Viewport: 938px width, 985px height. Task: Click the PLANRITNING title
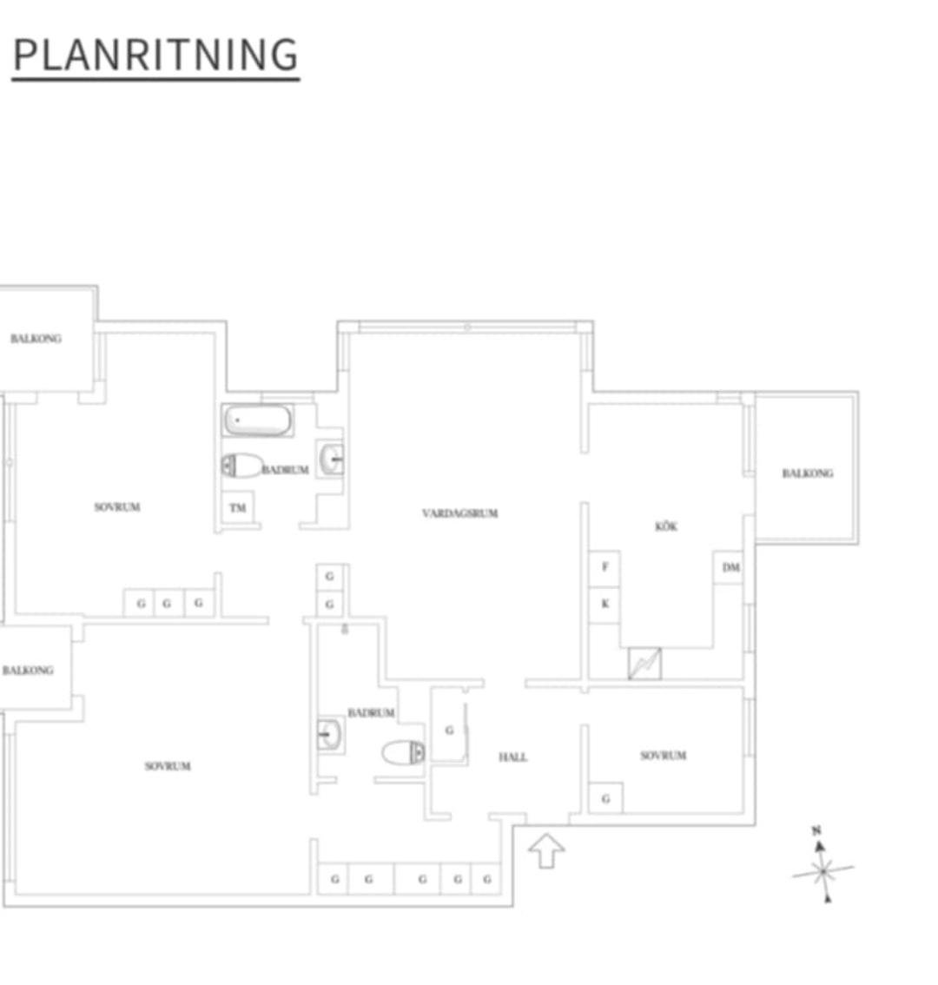point(155,55)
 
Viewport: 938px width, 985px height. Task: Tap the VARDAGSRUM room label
point(460,513)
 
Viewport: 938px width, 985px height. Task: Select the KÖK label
point(666,526)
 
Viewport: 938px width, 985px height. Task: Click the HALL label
point(512,757)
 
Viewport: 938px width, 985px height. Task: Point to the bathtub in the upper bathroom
point(258,420)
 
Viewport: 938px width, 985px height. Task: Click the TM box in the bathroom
point(237,507)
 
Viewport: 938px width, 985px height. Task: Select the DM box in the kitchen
point(730,567)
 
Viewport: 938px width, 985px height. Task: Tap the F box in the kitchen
point(604,567)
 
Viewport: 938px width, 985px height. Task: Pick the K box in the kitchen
point(604,605)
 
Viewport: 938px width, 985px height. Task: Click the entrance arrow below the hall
point(546,850)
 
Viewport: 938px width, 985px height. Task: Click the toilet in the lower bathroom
point(403,752)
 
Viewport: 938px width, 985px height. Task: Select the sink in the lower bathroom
point(330,734)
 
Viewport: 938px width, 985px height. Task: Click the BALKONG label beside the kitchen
point(808,473)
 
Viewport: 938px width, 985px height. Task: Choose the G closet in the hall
point(449,730)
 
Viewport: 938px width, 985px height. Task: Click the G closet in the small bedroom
point(605,798)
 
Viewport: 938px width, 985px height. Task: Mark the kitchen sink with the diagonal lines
point(644,664)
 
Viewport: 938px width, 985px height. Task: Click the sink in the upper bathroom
point(331,459)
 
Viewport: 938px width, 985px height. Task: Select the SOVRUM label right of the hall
point(663,756)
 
